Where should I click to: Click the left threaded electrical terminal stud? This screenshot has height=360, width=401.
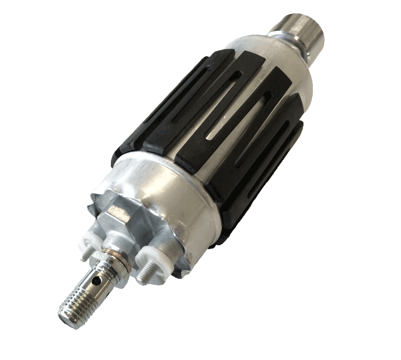coord(85,252)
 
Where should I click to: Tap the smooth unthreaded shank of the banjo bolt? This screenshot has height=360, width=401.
coord(94,284)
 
